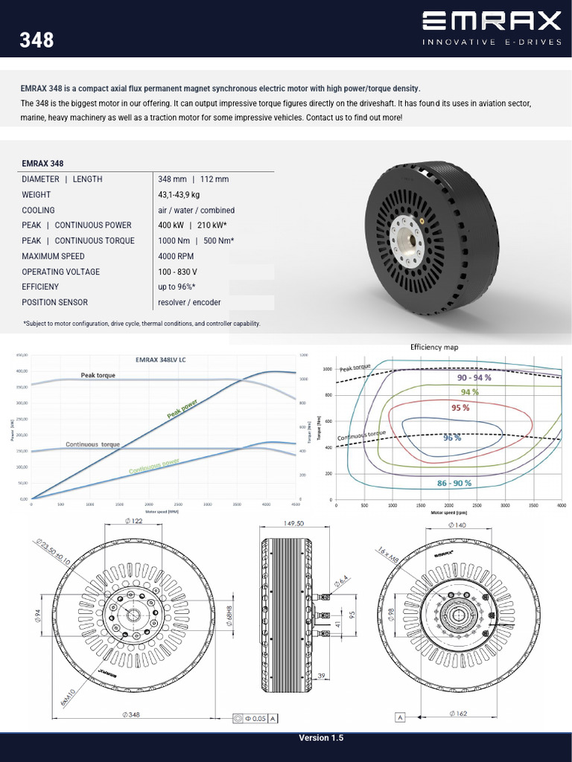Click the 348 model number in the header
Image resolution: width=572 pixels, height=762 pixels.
(37, 39)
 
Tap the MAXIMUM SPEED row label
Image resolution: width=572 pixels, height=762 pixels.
(55, 256)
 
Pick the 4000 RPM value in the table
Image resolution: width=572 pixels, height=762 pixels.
(177, 256)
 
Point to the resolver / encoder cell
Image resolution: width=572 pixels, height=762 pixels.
(189, 302)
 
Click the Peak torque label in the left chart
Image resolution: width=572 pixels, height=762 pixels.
(98, 375)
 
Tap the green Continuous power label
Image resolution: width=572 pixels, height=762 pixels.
(154, 466)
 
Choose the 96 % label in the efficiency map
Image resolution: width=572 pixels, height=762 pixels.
(452, 438)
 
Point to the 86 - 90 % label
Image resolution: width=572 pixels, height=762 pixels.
(454, 483)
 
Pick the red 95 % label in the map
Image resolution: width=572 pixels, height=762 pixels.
(460, 408)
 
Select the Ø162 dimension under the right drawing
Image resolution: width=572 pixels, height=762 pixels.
(458, 714)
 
